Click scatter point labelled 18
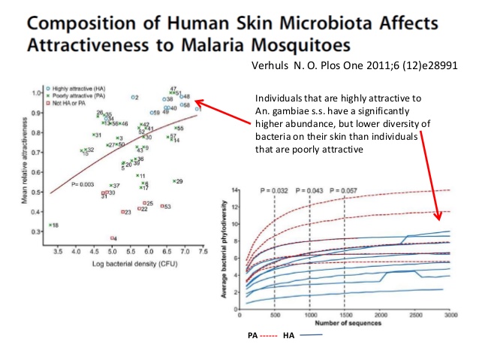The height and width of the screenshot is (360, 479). [50, 225]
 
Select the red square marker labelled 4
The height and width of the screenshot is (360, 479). [111, 238]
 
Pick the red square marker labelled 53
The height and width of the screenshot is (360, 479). [161, 206]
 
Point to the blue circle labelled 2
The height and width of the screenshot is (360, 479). [131, 98]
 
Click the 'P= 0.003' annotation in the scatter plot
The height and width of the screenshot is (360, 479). [83, 184]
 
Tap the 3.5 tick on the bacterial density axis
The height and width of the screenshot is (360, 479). [57, 244]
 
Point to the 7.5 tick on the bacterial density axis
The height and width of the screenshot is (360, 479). [203, 244]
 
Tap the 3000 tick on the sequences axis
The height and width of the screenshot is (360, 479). [449, 316]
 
